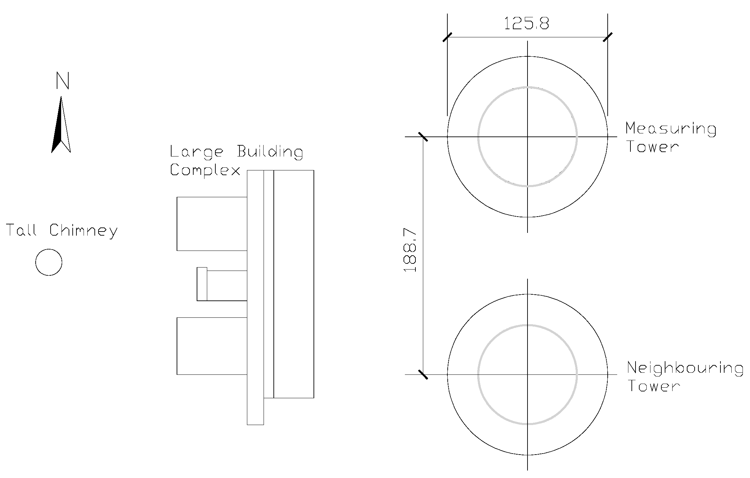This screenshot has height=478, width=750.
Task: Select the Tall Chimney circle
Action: (49, 262)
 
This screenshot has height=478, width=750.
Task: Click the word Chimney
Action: (84, 231)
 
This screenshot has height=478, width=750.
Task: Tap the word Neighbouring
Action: (684, 368)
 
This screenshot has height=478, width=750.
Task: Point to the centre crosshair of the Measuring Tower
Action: (527, 137)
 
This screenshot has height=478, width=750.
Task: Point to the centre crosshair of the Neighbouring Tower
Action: (527, 374)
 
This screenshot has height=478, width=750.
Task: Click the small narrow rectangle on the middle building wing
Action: (202, 284)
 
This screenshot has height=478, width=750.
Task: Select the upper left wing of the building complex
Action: (212, 224)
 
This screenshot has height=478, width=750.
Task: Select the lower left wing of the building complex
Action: (212, 346)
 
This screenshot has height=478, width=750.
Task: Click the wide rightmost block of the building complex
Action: (293, 284)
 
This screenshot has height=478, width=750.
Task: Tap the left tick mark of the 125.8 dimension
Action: (447, 37)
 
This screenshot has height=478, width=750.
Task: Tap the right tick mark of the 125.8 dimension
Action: (607, 37)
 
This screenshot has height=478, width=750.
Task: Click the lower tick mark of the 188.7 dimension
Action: (423, 374)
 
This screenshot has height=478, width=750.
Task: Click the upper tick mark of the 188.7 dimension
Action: (423, 137)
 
